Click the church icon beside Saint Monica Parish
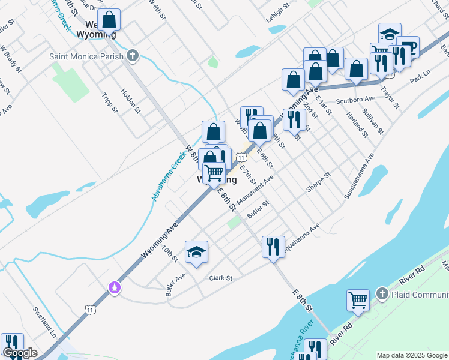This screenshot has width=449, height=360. click(133, 56)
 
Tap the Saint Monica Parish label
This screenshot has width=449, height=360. click(87, 56)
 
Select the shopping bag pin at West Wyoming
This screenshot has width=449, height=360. click(110, 19)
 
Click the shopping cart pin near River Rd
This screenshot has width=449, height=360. click(358, 300)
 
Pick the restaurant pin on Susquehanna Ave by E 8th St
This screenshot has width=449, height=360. click(273, 246)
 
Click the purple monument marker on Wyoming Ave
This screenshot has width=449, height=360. click(114, 288)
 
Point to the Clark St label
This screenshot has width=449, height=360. click(220, 278)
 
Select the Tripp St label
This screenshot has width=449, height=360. click(109, 102)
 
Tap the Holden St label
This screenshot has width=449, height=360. click(131, 101)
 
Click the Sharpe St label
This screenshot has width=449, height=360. click(318, 183)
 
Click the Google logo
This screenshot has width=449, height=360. click(19, 353)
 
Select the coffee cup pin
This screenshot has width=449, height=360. click(408, 47)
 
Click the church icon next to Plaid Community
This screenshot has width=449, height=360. click(382, 293)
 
